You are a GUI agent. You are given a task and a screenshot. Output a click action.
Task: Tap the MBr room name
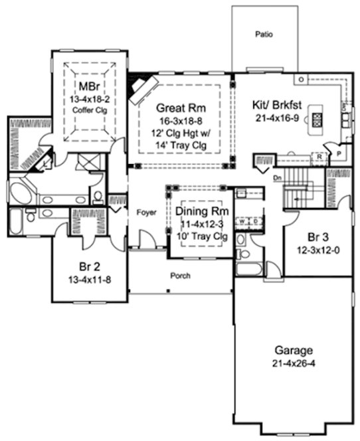coord(86,86)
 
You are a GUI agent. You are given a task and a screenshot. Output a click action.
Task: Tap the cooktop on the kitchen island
coord(317,120)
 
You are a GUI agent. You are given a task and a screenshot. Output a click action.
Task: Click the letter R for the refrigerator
coord(319,157)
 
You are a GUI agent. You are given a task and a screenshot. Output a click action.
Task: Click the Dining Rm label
coord(200,211)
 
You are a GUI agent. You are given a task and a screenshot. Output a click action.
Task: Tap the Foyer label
coord(146,213)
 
